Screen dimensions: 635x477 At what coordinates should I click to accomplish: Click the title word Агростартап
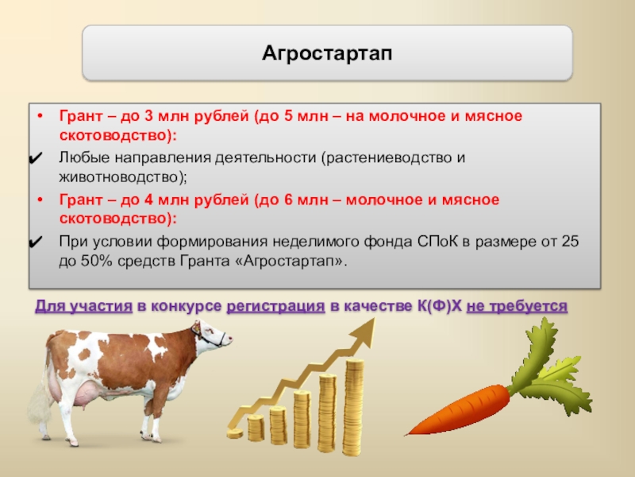click(x=327, y=53)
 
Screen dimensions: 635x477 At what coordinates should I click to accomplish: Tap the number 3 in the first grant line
click(x=148, y=116)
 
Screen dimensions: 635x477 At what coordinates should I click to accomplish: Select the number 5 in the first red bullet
click(x=288, y=116)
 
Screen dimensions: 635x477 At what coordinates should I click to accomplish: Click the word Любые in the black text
click(x=84, y=157)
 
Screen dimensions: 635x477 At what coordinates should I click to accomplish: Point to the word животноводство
click(x=121, y=177)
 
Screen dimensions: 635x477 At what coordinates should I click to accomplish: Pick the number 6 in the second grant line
click(x=288, y=200)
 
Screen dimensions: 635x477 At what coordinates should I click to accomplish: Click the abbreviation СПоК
click(x=438, y=242)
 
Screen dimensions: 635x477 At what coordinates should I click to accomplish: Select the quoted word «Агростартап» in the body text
click(x=289, y=262)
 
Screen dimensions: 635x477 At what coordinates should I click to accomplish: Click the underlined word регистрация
click(x=275, y=306)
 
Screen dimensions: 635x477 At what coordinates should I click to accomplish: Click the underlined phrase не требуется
click(x=517, y=306)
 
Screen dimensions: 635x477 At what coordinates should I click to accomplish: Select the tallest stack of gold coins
click(x=352, y=407)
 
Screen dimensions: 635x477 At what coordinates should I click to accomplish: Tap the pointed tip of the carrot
click(x=407, y=434)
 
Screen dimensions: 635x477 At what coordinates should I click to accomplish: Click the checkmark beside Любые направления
click(x=36, y=157)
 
